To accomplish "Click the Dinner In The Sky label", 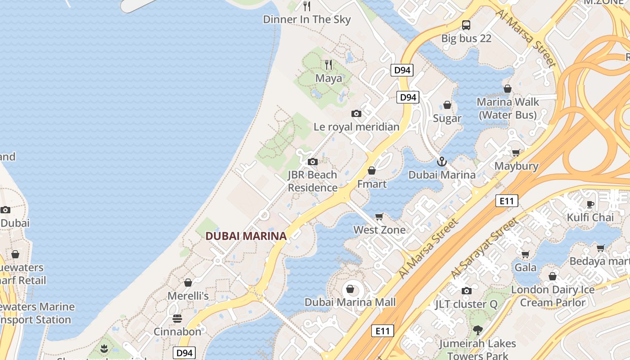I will pos(306,19).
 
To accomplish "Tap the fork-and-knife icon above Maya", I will pos(328,65).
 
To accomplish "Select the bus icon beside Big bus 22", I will pos(466,25).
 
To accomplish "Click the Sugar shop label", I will pos(447,118).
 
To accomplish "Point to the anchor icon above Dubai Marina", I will pos(442,162).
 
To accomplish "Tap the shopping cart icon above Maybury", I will pos(516,153).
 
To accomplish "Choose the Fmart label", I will pos(372,184).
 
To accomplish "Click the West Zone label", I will pos(379,230).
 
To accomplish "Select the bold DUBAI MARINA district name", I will pos(246,236).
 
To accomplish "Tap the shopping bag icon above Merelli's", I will pos(188,283).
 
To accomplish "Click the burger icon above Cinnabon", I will pos(177,319).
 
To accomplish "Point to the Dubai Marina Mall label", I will pos(350,302).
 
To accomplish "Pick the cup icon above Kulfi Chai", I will pos(590,205).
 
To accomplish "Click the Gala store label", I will pos(526,267).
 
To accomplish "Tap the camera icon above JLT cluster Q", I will pos(466,291).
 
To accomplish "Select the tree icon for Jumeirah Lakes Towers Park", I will pos(477,330).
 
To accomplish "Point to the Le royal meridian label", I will pos(356,127).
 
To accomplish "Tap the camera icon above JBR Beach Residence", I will pos(312,162).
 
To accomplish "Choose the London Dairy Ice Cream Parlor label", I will pos(553,296).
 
